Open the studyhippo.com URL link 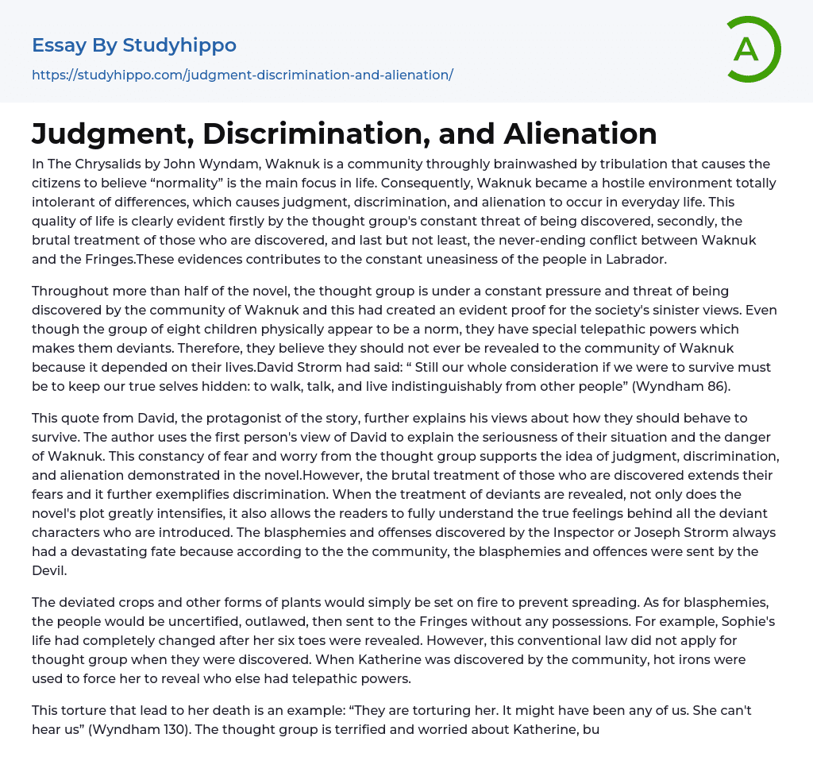[242, 75]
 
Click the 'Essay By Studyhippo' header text [134, 45]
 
